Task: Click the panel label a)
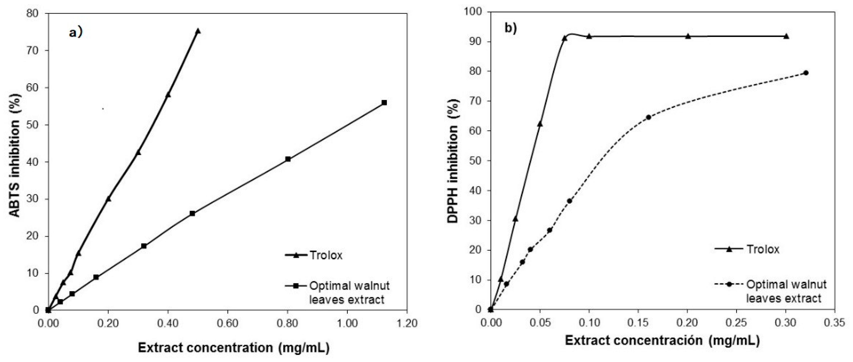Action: (75, 33)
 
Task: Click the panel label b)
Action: (510, 29)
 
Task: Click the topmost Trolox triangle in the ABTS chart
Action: (198, 31)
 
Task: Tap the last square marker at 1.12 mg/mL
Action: (384, 103)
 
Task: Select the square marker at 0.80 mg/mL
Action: (288, 159)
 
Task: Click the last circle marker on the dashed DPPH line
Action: (806, 73)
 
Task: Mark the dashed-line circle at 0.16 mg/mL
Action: (648, 117)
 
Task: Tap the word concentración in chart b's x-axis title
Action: (660, 341)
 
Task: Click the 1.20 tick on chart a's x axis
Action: (407, 323)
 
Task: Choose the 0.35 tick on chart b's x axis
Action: (835, 322)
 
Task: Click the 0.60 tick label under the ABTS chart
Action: (227, 323)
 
